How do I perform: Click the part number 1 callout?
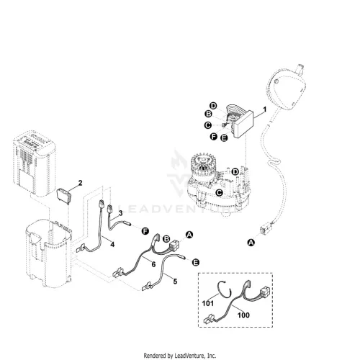click(265, 109)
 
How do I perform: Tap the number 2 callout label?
click(80, 183)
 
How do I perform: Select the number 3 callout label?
click(120, 213)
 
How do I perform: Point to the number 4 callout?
click(112, 244)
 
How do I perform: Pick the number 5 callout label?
click(175, 282)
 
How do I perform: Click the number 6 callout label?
click(153, 264)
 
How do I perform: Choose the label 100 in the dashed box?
click(243, 315)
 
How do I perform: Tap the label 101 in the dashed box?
click(208, 303)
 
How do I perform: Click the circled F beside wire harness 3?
click(145, 231)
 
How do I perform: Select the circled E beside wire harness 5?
click(196, 262)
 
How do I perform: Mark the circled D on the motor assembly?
click(235, 172)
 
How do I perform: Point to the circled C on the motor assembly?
click(219, 192)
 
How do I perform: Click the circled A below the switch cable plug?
click(251, 243)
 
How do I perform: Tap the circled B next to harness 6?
click(166, 239)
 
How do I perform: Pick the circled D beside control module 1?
click(213, 106)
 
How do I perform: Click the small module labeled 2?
click(64, 197)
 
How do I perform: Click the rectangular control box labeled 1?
click(243, 125)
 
